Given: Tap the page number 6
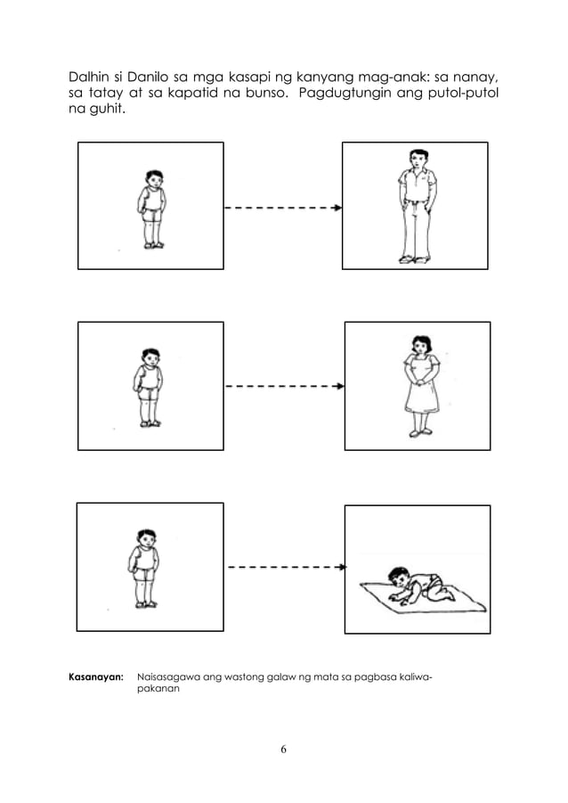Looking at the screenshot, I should [283, 749].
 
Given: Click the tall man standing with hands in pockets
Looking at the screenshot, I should [414, 206].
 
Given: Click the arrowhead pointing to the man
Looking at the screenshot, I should [337, 208].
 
